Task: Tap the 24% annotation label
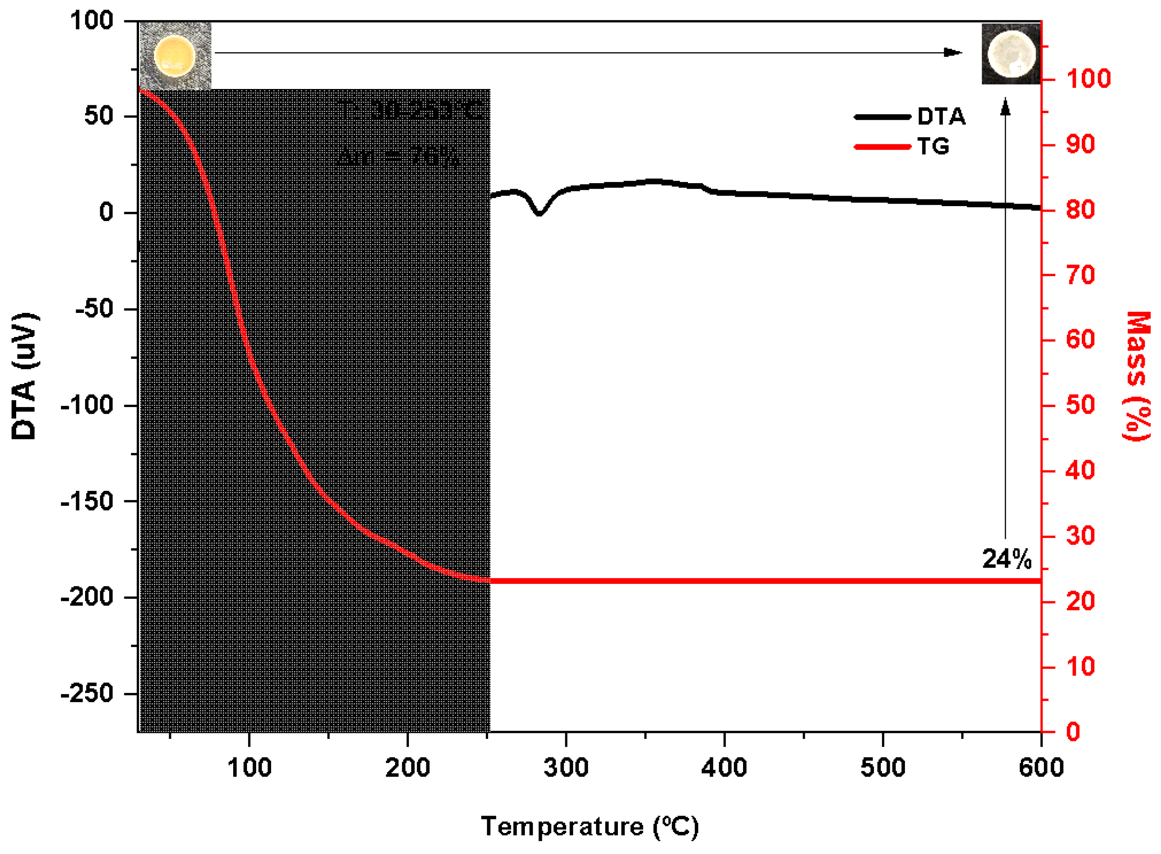1006,559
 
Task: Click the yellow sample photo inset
175,55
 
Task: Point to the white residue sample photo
1011,54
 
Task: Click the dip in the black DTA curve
539,212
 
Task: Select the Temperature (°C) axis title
589,826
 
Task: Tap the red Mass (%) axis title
1137,376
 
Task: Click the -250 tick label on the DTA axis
87,693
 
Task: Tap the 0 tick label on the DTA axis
106,212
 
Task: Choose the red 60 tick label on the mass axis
1080,340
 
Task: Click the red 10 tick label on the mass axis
1080,667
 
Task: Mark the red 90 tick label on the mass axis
1080,144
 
